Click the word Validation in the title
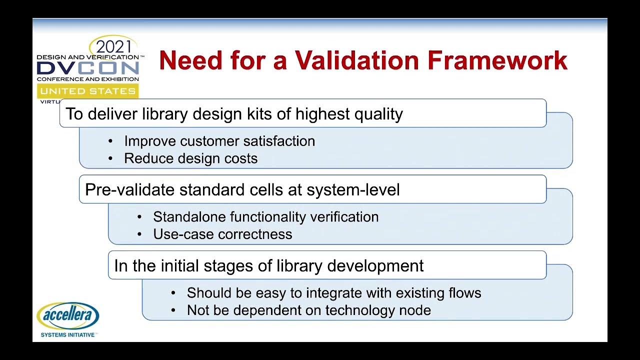pyautogui.click(x=357, y=60)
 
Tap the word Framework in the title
pyautogui.click(x=498, y=60)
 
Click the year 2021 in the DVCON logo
pyautogui.click(x=113, y=47)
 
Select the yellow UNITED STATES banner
pyautogui.click(x=87, y=91)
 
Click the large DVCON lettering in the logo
pyautogui.click(x=87, y=68)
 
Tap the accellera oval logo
pyautogui.click(x=68, y=316)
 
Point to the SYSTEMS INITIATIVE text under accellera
pyautogui.click(x=67, y=334)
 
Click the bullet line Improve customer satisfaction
pyautogui.click(x=219, y=141)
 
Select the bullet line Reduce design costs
pyautogui.click(x=190, y=158)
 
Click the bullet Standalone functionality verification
pyautogui.click(x=265, y=217)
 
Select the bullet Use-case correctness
pyautogui.click(x=222, y=234)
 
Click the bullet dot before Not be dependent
pyautogui.click(x=173, y=310)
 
